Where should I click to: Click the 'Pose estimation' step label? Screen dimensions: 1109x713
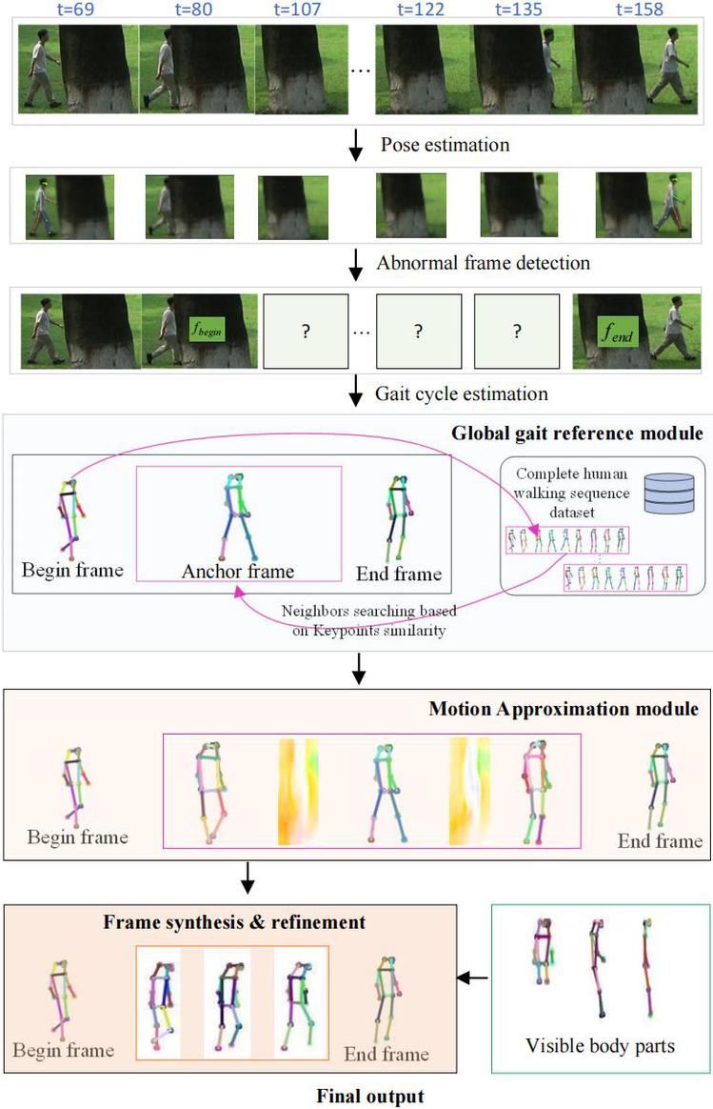click(x=446, y=145)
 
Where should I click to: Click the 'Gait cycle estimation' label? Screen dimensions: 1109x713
click(x=461, y=393)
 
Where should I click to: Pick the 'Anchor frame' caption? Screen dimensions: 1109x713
click(x=237, y=572)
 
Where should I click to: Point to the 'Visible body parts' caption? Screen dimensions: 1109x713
click(x=600, y=1045)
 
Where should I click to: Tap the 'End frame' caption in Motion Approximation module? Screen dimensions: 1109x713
click(x=660, y=840)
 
